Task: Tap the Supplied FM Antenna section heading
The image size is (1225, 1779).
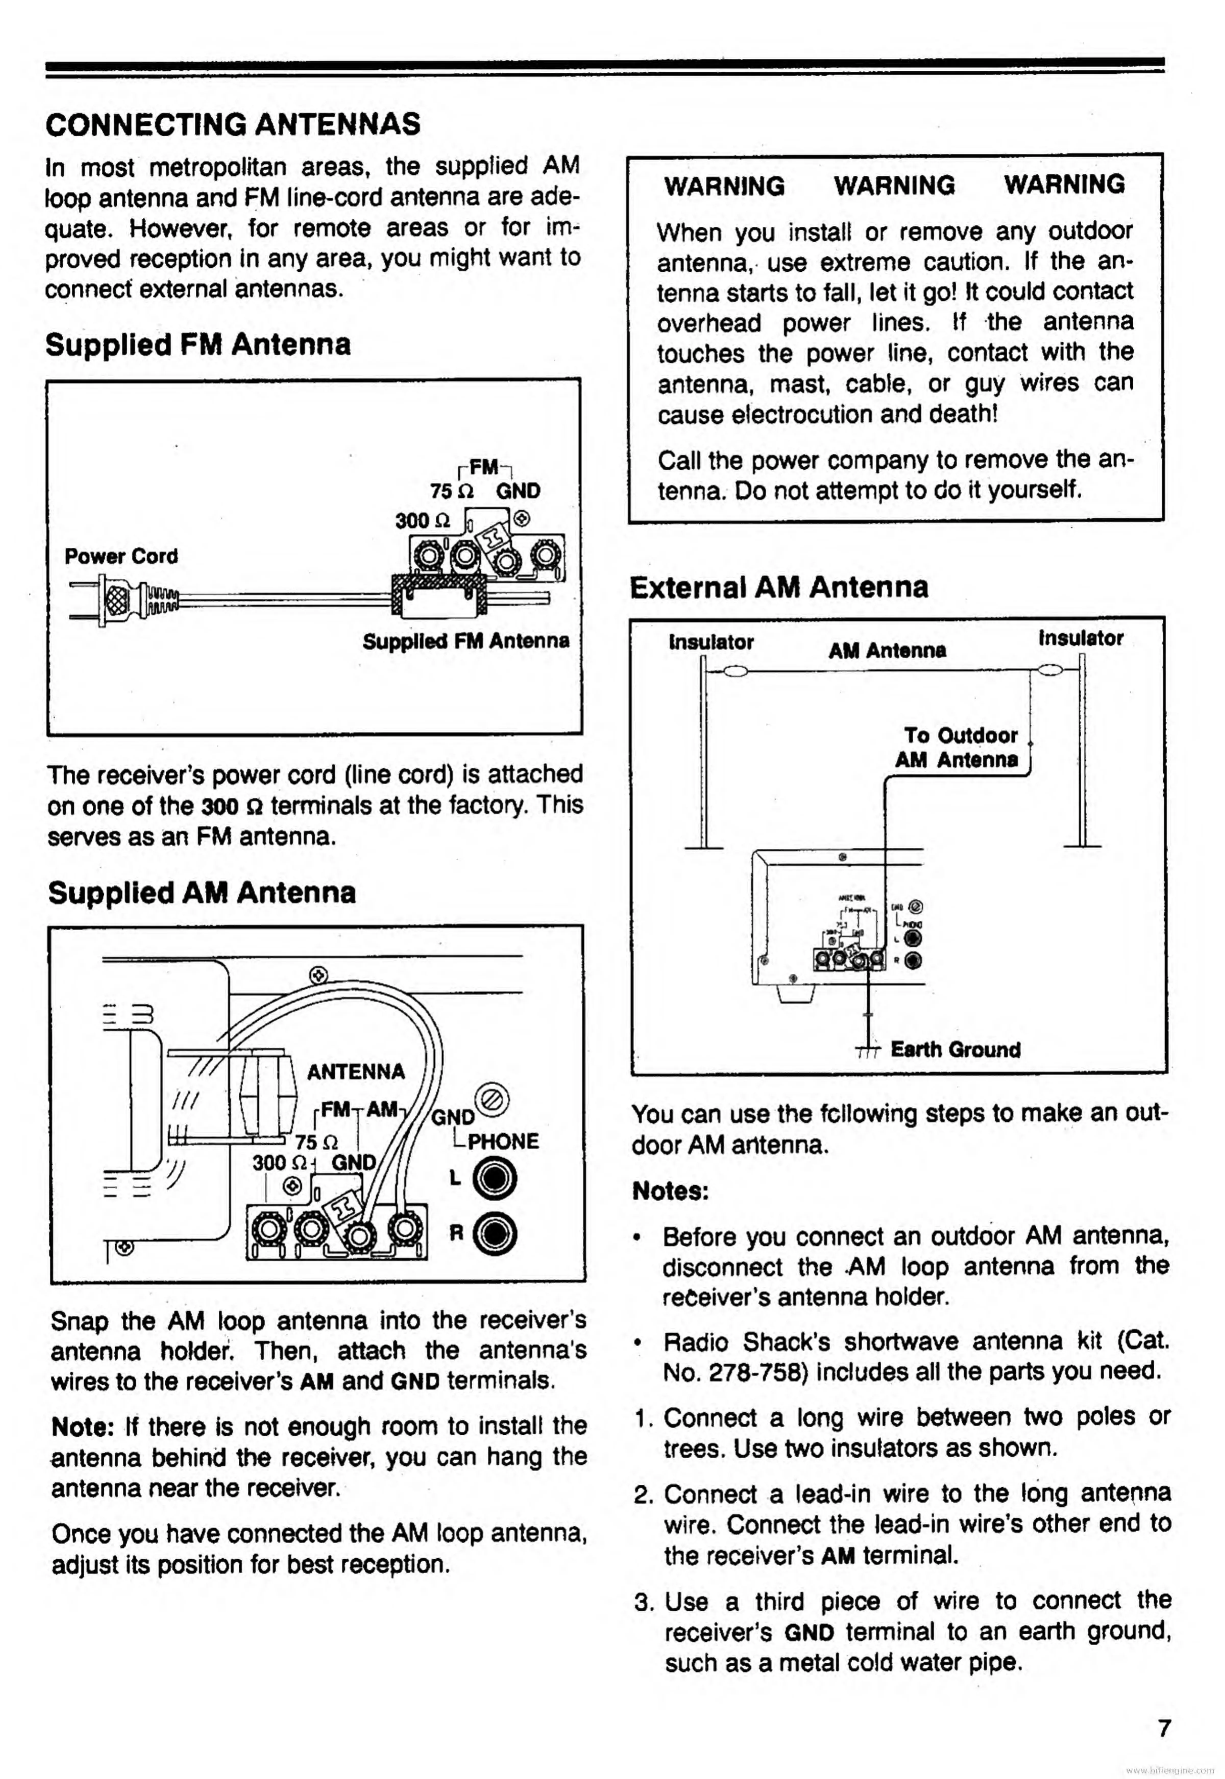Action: [198, 344]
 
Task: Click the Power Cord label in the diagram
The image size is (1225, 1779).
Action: [121, 556]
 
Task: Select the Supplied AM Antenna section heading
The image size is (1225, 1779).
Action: [202, 892]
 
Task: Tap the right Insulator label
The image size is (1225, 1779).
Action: [1080, 638]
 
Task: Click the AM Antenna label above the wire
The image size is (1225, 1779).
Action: [887, 650]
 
